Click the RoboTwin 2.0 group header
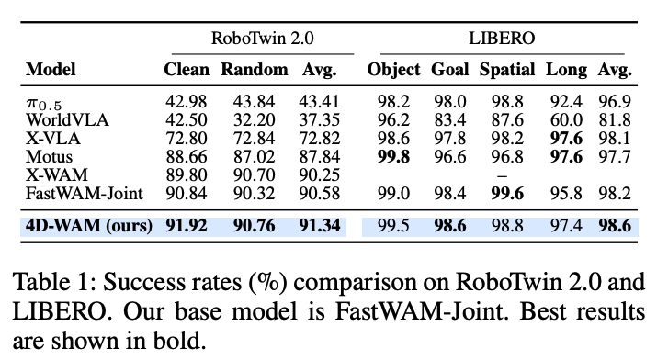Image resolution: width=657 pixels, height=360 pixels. [x=262, y=39]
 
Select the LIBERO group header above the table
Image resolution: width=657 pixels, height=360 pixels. [x=502, y=39]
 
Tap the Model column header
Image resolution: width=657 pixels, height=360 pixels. [x=51, y=70]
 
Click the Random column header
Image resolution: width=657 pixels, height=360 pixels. [x=255, y=70]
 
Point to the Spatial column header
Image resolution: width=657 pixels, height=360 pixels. [x=507, y=70]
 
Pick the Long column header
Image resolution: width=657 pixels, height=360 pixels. [x=566, y=70]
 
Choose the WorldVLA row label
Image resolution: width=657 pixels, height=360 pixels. [x=67, y=120]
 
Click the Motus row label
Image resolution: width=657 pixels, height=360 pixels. [x=49, y=157]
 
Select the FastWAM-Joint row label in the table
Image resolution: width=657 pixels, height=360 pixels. [x=85, y=194]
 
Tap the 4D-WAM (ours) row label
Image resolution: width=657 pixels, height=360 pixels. [x=89, y=226]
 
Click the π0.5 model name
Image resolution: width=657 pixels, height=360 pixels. [x=43, y=104]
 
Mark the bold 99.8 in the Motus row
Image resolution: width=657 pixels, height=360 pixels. [x=393, y=157]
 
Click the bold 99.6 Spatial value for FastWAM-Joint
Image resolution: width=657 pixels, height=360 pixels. [x=507, y=194]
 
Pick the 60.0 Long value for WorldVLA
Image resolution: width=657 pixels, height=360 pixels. [x=566, y=120]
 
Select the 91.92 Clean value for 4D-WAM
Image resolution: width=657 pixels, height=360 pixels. [x=187, y=226]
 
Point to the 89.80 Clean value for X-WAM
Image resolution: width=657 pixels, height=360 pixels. [x=187, y=175]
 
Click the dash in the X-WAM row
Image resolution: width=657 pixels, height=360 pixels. [x=502, y=176]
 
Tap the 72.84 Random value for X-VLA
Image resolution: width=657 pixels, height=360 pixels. [x=255, y=139]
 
